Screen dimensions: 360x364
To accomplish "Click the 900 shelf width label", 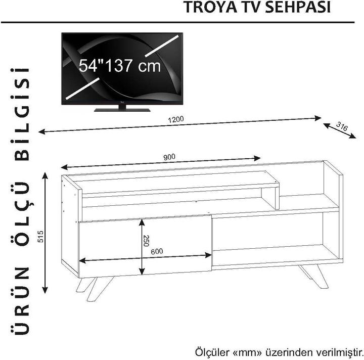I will [x=169, y=157].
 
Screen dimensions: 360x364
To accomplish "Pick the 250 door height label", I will [x=146, y=240].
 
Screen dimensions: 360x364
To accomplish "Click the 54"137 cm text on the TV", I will [x=120, y=65].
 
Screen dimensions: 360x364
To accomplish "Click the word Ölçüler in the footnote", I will [x=209, y=351].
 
